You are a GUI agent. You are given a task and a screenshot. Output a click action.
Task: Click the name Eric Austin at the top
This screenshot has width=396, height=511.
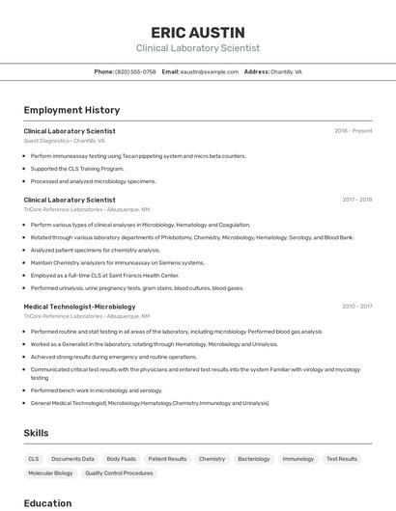[x=197, y=32]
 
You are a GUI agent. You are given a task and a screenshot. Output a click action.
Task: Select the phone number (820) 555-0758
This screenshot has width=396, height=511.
[x=135, y=71]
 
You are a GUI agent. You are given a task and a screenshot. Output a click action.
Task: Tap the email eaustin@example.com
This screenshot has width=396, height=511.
[x=209, y=71]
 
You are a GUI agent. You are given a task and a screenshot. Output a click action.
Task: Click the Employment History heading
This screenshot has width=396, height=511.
[x=71, y=110]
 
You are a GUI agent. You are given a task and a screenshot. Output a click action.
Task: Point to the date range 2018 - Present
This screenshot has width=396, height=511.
[x=354, y=131]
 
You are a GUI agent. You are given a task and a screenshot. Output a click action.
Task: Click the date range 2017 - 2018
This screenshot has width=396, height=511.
[x=356, y=200]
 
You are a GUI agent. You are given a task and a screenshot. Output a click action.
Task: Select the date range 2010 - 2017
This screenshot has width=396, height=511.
[x=356, y=307]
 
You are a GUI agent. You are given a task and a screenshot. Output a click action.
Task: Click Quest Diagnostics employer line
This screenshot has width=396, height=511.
[x=64, y=141]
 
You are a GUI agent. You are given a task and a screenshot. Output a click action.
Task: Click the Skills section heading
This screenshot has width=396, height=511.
[x=36, y=433]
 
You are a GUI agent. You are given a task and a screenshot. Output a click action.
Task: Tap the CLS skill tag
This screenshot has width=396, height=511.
[x=34, y=459]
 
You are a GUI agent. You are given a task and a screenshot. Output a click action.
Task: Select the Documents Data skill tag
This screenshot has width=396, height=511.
[x=72, y=459]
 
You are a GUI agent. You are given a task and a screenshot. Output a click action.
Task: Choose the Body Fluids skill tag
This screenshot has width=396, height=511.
[x=121, y=459]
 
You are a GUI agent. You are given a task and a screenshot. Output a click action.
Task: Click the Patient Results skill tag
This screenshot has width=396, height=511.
[x=167, y=459]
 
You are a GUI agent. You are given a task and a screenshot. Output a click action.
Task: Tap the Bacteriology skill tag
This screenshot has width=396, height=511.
[x=254, y=459]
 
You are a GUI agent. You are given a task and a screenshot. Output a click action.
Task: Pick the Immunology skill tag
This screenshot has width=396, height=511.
[x=298, y=459]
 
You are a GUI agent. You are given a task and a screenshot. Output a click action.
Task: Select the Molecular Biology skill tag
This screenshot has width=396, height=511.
[x=50, y=473]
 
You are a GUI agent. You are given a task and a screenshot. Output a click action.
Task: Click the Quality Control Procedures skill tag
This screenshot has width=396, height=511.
[x=119, y=473]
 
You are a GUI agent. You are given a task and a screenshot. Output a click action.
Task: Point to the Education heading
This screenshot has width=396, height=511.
[x=47, y=502]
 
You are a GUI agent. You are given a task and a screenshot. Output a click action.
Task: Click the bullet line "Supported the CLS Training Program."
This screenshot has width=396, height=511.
[x=77, y=169]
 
